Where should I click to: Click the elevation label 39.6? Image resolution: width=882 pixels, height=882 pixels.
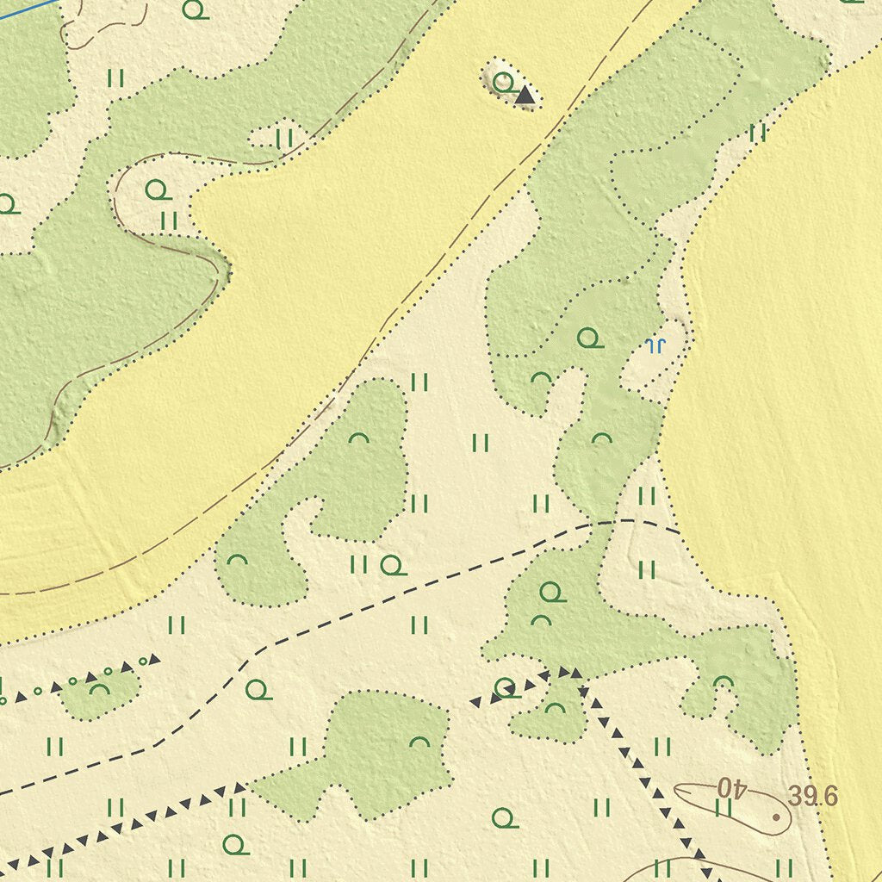[812, 797]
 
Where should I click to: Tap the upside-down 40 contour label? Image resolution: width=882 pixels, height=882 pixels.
[730, 787]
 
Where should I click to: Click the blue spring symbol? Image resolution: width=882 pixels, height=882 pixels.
[655, 346]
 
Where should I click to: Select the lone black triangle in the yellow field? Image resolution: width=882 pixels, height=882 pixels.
[525, 96]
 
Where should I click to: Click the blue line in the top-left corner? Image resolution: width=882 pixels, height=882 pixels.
[26, 9]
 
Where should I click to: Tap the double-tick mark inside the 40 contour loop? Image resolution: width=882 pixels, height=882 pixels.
[724, 807]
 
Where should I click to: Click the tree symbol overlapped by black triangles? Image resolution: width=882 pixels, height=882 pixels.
[506, 687]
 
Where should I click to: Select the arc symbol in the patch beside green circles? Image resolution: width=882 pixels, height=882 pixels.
[100, 689]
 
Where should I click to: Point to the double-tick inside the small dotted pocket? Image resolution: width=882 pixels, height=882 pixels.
[284, 139]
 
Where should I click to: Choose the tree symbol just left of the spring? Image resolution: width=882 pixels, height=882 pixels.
[589, 339]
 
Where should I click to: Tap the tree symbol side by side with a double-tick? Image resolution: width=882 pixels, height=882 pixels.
[393, 566]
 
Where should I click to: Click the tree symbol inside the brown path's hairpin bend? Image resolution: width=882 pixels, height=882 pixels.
[158, 189]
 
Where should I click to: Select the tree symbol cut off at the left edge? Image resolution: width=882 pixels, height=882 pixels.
[7, 205]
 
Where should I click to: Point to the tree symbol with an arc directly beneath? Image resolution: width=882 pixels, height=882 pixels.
[551, 593]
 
